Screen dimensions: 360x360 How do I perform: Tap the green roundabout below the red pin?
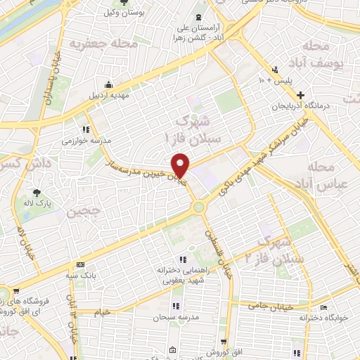pyautogui.click(x=199, y=207)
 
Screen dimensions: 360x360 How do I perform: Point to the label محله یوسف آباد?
pyautogui.click(x=326, y=56)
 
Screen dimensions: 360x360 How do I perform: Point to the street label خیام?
pyautogui.click(x=103, y=310)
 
